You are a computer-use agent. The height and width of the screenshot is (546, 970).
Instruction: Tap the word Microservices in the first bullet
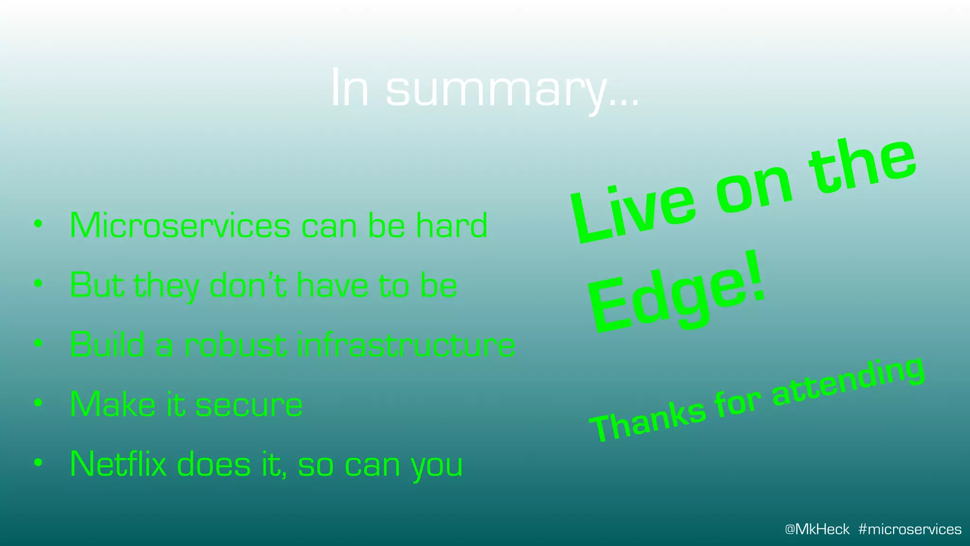180,226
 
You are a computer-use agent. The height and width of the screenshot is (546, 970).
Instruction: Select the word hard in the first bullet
452,226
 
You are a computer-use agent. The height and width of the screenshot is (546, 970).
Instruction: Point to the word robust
235,345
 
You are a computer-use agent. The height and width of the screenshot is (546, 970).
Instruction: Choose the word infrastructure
406,345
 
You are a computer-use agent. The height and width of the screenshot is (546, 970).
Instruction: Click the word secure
249,405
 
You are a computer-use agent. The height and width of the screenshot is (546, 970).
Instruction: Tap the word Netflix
118,464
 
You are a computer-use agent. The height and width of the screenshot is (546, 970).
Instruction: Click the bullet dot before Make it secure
38,403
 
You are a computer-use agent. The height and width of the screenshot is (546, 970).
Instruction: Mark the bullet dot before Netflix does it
38,462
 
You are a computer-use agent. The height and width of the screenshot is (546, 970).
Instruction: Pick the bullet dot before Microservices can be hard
38,224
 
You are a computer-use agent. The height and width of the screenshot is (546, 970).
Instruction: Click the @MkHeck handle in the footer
817,529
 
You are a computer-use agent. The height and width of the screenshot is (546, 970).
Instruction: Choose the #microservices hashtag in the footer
909,529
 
